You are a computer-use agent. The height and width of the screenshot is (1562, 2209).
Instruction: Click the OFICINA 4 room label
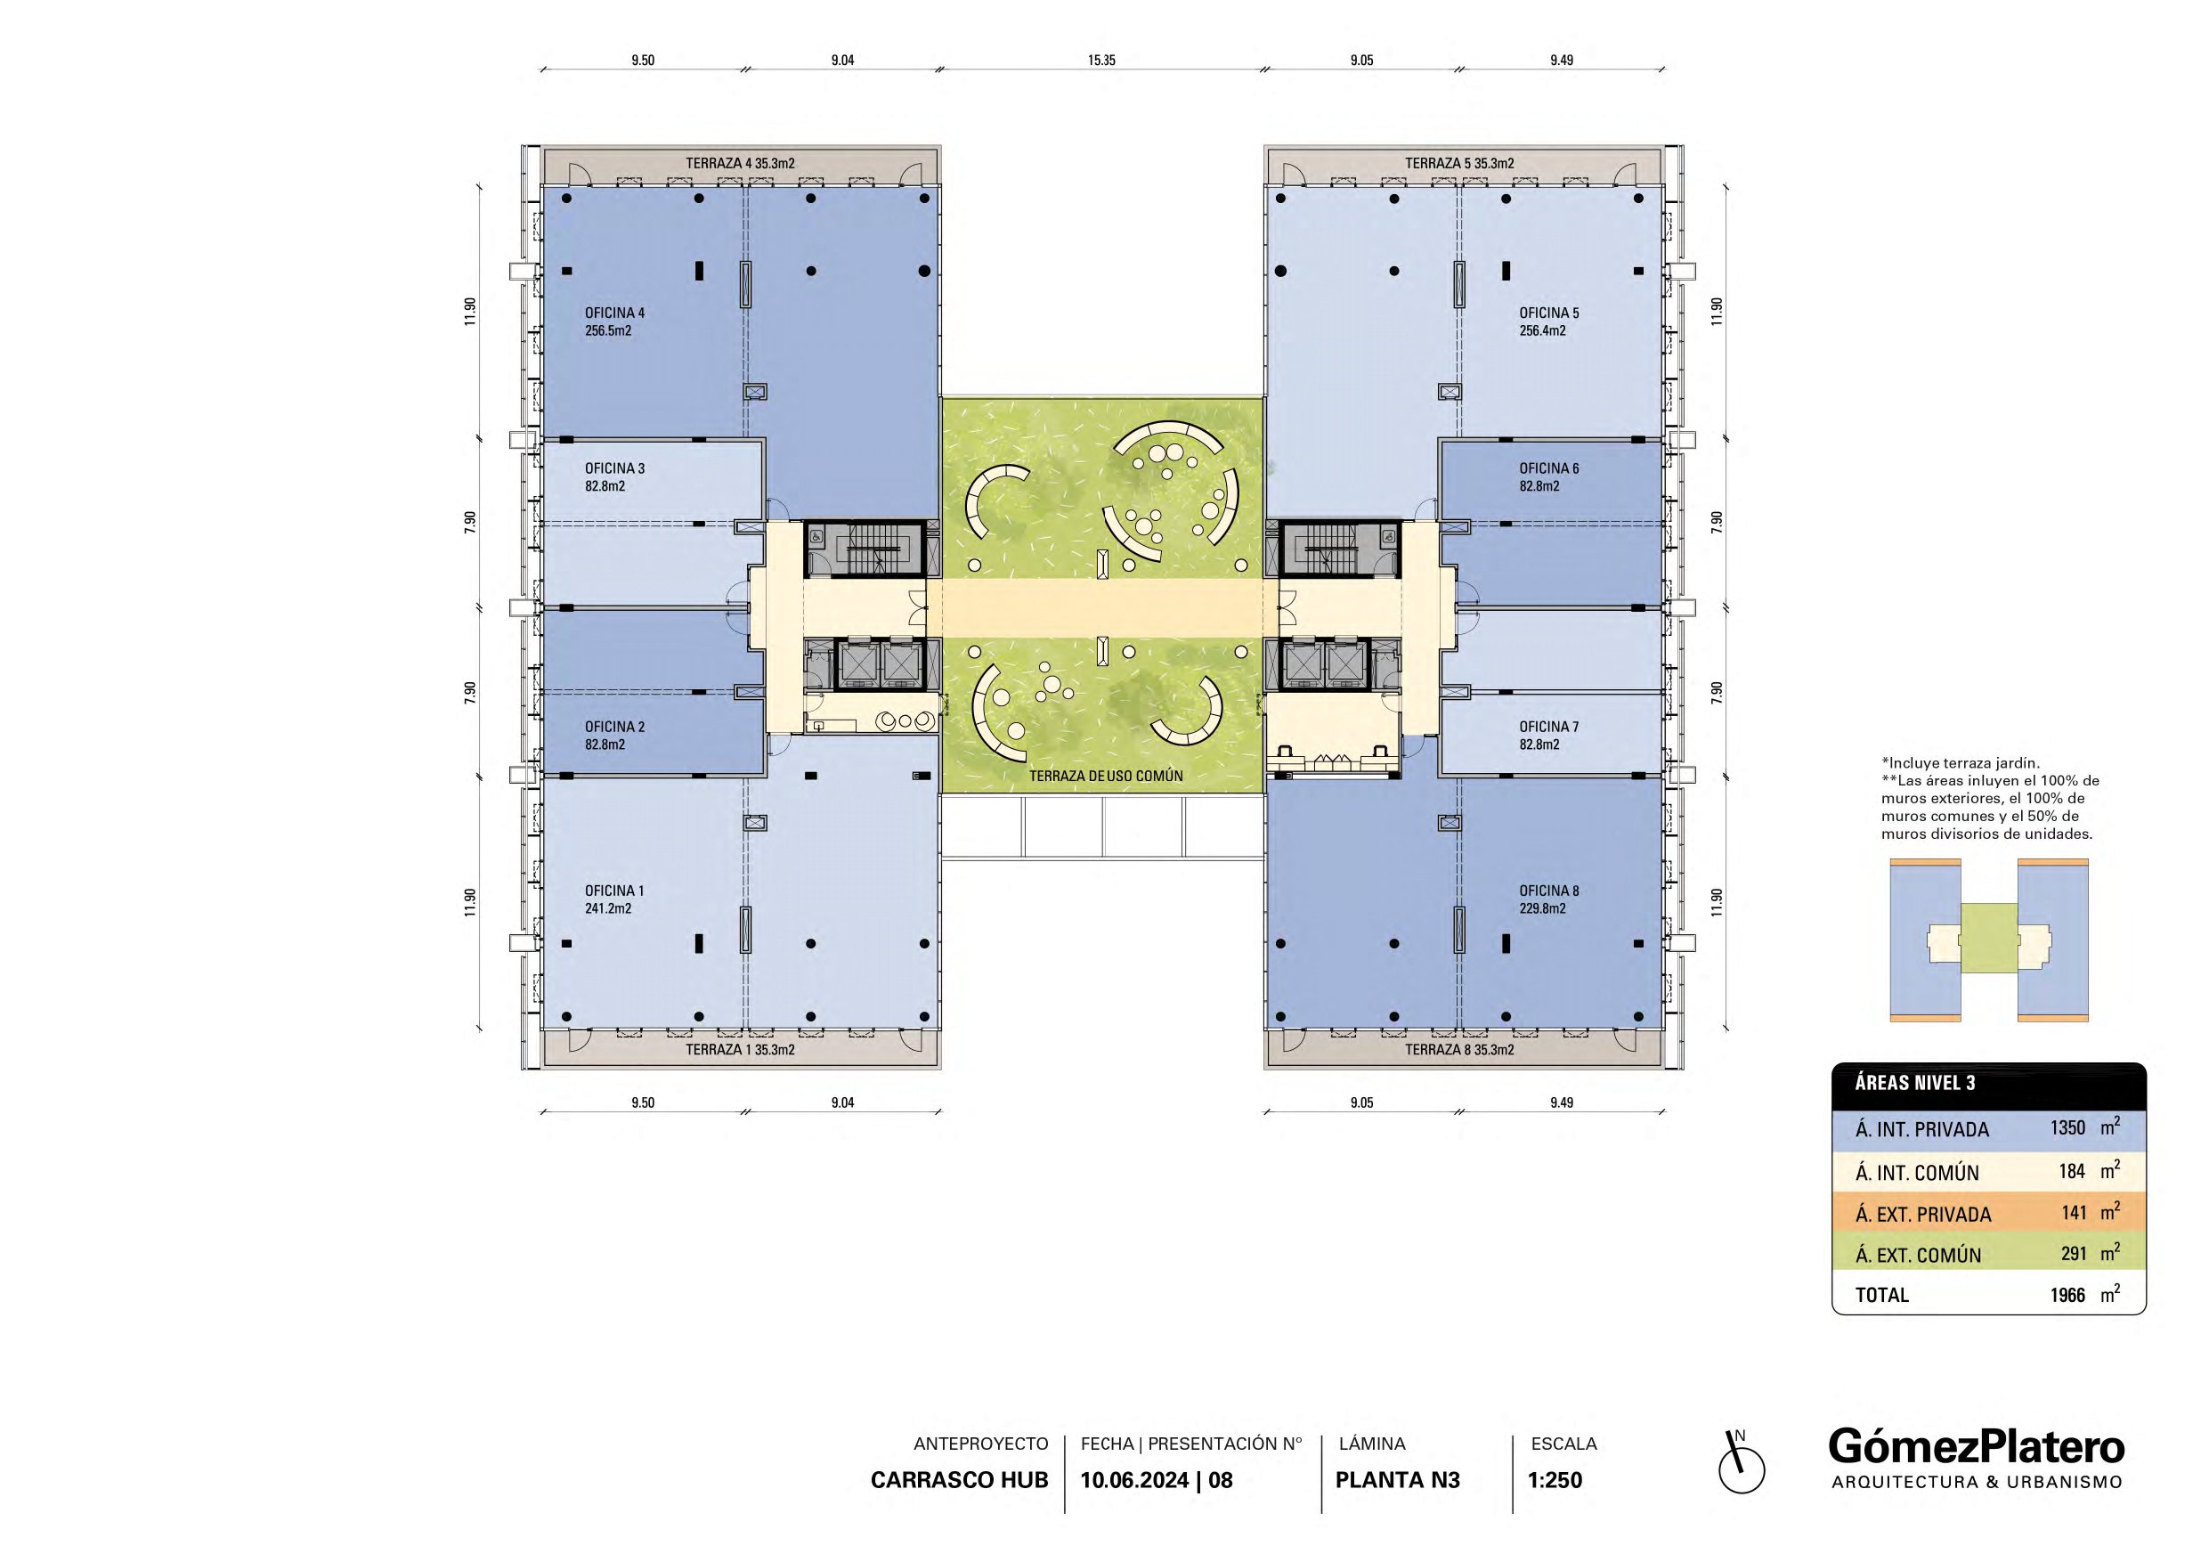coord(614,313)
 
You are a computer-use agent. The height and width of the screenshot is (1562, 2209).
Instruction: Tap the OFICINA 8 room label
coord(1549,891)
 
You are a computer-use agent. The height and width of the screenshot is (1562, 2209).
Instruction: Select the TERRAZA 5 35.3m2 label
coord(1459,164)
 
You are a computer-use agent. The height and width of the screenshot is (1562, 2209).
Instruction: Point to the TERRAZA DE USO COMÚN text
coord(1106,776)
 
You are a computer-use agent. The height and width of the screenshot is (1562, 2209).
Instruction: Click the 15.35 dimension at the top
coord(1101,60)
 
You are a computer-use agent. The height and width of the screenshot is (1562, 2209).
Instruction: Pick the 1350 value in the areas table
coord(2067,1128)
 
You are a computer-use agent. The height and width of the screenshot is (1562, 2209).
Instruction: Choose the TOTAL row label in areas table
coord(1882,1296)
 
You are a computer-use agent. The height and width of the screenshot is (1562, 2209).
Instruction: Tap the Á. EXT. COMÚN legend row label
coord(1919,1255)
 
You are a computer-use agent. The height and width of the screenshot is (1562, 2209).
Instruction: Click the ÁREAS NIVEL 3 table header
coord(1914,1083)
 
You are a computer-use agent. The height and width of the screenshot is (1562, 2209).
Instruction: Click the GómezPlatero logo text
coord(1977,1447)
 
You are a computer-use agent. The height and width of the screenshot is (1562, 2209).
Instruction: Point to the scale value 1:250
coord(1555,1480)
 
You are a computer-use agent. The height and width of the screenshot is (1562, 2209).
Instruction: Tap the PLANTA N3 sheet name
coord(1397,1480)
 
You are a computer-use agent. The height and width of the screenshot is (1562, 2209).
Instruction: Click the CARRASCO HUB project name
coord(959,1480)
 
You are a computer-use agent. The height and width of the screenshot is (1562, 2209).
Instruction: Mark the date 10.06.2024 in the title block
coord(1134,1480)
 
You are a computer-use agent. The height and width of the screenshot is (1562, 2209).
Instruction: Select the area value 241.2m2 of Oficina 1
coord(608,908)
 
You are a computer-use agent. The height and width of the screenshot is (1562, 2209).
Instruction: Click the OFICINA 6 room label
coord(1549,468)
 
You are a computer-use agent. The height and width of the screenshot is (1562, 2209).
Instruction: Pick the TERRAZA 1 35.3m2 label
coord(740,1050)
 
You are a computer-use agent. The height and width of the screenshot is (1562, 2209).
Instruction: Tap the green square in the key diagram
coord(1989,939)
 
